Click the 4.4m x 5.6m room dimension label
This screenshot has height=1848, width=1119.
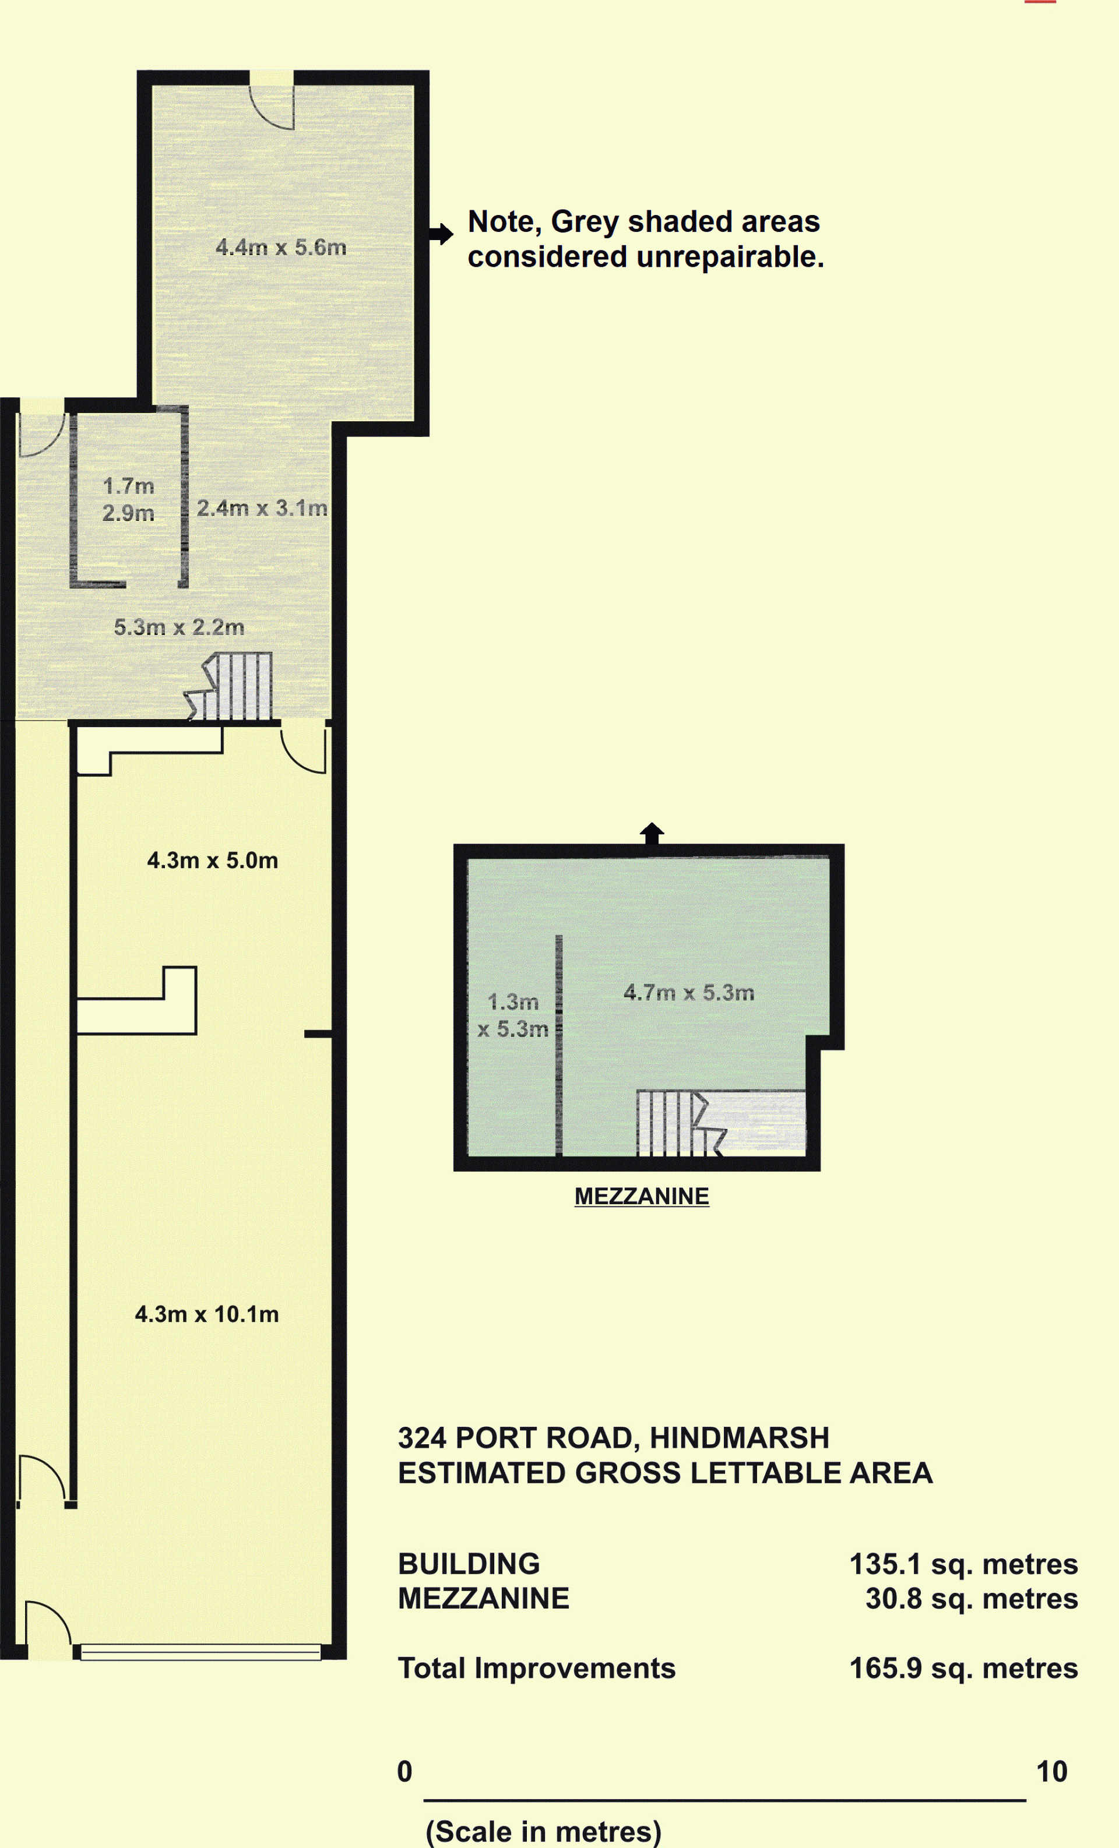(x=281, y=247)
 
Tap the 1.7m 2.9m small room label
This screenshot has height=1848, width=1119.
(x=128, y=499)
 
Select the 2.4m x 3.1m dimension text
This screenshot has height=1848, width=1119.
(x=262, y=508)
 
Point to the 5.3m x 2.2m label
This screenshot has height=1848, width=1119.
(x=178, y=627)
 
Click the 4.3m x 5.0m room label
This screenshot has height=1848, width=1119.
(x=212, y=860)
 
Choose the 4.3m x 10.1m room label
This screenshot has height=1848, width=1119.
(x=206, y=1314)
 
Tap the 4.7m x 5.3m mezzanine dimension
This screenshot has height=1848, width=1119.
(x=689, y=992)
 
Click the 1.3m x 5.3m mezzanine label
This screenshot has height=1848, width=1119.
(x=513, y=1015)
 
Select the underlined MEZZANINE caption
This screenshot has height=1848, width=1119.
(x=642, y=1196)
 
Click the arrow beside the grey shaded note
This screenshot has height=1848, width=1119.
(x=441, y=234)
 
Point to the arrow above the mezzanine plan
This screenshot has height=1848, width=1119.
(x=652, y=833)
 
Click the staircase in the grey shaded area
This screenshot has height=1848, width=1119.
(x=229, y=686)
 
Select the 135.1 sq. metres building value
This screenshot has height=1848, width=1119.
(x=963, y=1564)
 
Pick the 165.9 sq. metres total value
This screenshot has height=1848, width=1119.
(x=963, y=1669)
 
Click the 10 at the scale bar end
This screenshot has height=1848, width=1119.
(x=1051, y=1772)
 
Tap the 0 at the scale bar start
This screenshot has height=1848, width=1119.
(x=404, y=1772)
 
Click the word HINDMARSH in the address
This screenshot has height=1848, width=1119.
(x=739, y=1438)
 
